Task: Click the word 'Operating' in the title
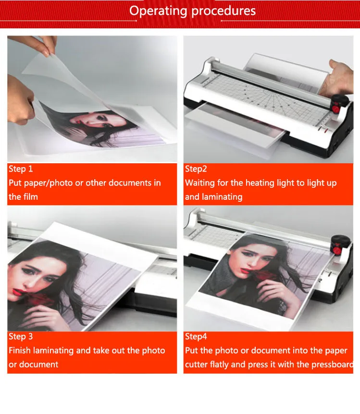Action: point(158,12)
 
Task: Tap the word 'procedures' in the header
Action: point(223,12)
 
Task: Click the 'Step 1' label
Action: point(21,169)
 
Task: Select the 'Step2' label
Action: point(196,169)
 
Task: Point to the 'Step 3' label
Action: point(21,336)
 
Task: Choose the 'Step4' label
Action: point(196,337)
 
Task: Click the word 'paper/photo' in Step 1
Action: point(49,183)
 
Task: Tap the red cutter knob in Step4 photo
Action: point(337,250)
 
